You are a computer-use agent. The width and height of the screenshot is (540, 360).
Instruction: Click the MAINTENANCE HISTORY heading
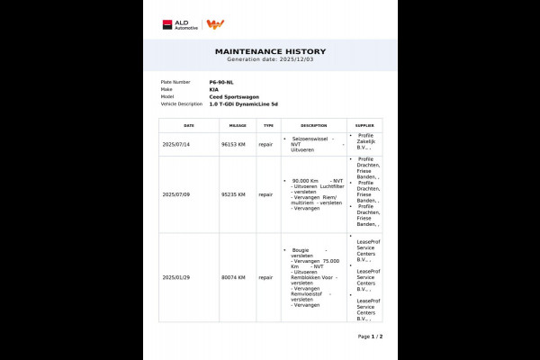[270, 51]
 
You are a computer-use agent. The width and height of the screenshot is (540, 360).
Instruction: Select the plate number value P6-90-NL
[220, 82]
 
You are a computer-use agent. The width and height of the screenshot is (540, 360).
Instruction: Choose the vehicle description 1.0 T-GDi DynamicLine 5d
[244, 103]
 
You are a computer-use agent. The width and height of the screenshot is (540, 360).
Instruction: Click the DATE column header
[189, 126]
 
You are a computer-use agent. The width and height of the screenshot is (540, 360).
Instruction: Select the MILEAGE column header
[238, 126]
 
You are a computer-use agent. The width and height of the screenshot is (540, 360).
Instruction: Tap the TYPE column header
[268, 126]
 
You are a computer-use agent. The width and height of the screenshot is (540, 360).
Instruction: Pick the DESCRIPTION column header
[313, 126]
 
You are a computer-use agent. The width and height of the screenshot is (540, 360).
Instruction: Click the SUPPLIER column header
[364, 126]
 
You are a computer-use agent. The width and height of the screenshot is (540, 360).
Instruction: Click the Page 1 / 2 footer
[370, 336]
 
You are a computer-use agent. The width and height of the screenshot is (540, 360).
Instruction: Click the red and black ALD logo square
[167, 24]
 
